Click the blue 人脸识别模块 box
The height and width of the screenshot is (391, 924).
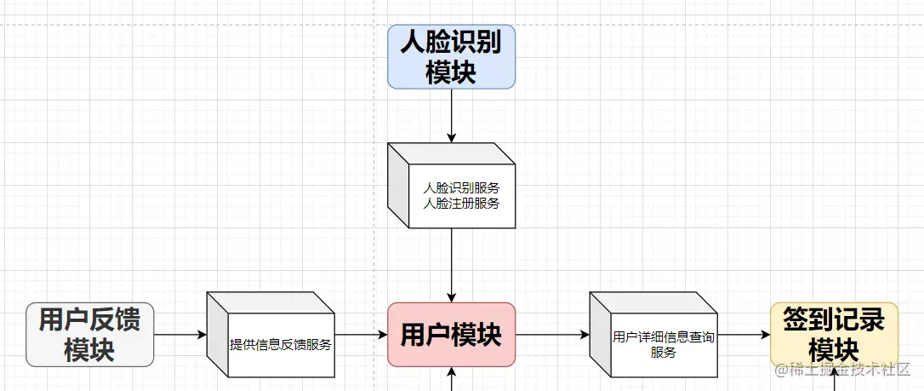tap(451, 56)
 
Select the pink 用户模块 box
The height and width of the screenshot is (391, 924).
tap(451, 335)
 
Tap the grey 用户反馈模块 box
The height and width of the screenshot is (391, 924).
tap(89, 335)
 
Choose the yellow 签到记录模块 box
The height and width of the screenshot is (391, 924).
tap(834, 335)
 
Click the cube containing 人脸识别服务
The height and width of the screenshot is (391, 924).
tap(451, 186)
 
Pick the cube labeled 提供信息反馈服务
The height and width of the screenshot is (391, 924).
tap(271, 335)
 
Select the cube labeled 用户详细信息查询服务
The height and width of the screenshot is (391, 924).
tap(653, 335)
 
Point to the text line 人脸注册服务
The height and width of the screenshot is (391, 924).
tap(461, 204)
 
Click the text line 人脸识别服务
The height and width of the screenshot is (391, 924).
tap(461, 187)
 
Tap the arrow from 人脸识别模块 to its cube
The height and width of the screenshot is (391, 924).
tap(451, 115)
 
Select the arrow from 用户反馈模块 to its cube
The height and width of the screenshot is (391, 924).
tap(180, 335)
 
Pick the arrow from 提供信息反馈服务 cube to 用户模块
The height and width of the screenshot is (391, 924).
tap(361, 335)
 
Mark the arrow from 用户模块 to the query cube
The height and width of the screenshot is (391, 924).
tap(552, 335)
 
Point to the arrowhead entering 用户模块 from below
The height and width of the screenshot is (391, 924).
tap(451, 373)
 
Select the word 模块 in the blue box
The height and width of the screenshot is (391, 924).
tap(451, 72)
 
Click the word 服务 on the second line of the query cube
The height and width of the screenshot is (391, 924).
tap(664, 352)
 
